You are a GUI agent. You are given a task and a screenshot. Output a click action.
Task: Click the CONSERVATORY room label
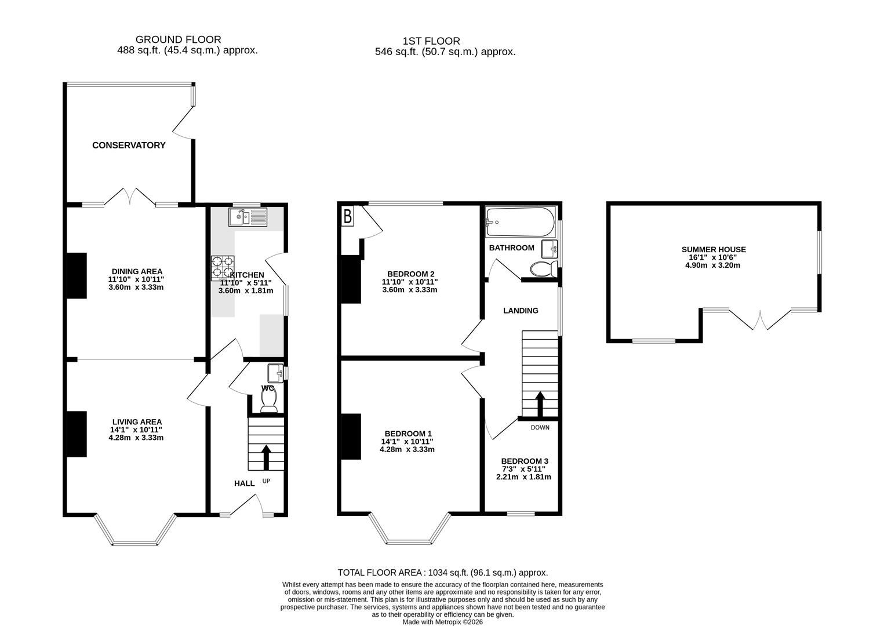[x=129, y=145]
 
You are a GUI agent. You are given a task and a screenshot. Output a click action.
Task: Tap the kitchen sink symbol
[x=248, y=217]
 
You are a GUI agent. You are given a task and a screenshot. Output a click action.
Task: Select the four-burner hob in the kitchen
[x=223, y=267]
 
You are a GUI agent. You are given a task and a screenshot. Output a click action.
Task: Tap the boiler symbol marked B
[x=347, y=217]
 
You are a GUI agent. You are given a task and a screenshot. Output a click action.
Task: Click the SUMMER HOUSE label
[x=714, y=250]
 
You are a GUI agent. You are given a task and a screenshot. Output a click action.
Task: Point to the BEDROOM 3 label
[x=525, y=461]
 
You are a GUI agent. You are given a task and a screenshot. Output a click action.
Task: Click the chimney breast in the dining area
[x=77, y=276]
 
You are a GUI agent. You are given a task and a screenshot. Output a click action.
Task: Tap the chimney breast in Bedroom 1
[x=351, y=436]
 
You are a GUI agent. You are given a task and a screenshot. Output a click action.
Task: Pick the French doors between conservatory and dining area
[x=130, y=197]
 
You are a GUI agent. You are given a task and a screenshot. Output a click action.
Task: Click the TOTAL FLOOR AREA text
[x=442, y=573]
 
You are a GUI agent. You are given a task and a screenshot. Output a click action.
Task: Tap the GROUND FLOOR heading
[x=178, y=39]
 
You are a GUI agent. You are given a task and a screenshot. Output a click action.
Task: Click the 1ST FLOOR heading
[x=431, y=41]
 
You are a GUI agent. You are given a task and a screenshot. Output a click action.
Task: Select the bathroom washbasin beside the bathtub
[x=549, y=249]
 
